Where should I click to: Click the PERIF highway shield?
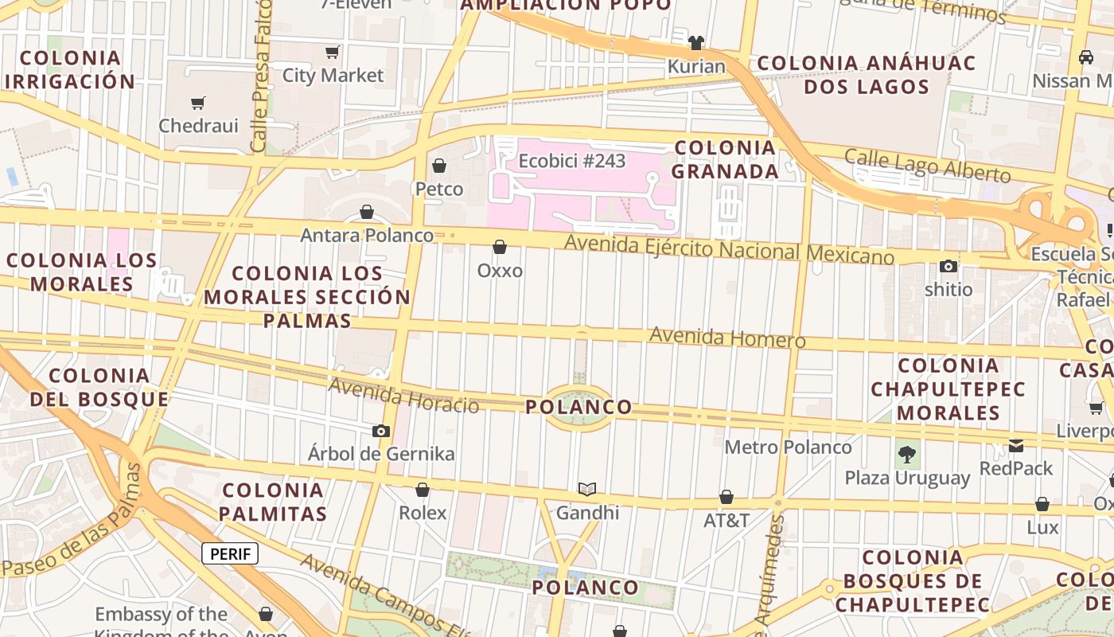[230, 553]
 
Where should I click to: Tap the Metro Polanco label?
[788, 447]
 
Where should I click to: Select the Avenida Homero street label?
[727, 338]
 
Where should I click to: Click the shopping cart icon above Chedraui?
[198, 103]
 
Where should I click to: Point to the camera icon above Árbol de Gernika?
[381, 432]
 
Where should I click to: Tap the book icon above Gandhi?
[587, 489]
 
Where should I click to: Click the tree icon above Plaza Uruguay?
[906, 455]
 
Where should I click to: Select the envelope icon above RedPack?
[1016, 445]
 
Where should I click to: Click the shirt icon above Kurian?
[696, 42]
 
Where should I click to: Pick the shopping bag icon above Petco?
[438, 166]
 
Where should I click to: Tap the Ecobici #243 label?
[571, 161]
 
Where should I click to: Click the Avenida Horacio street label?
[404, 396]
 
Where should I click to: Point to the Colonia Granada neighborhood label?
[725, 159]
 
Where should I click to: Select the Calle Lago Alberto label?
[927, 165]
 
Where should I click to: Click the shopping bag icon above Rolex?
[423, 490]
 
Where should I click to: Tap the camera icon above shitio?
[948, 266]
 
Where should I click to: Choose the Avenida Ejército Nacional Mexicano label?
[729, 250]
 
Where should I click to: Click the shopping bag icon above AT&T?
[726, 498]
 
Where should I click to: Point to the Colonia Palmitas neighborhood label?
[273, 502]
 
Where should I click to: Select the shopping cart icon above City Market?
[333, 53]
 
